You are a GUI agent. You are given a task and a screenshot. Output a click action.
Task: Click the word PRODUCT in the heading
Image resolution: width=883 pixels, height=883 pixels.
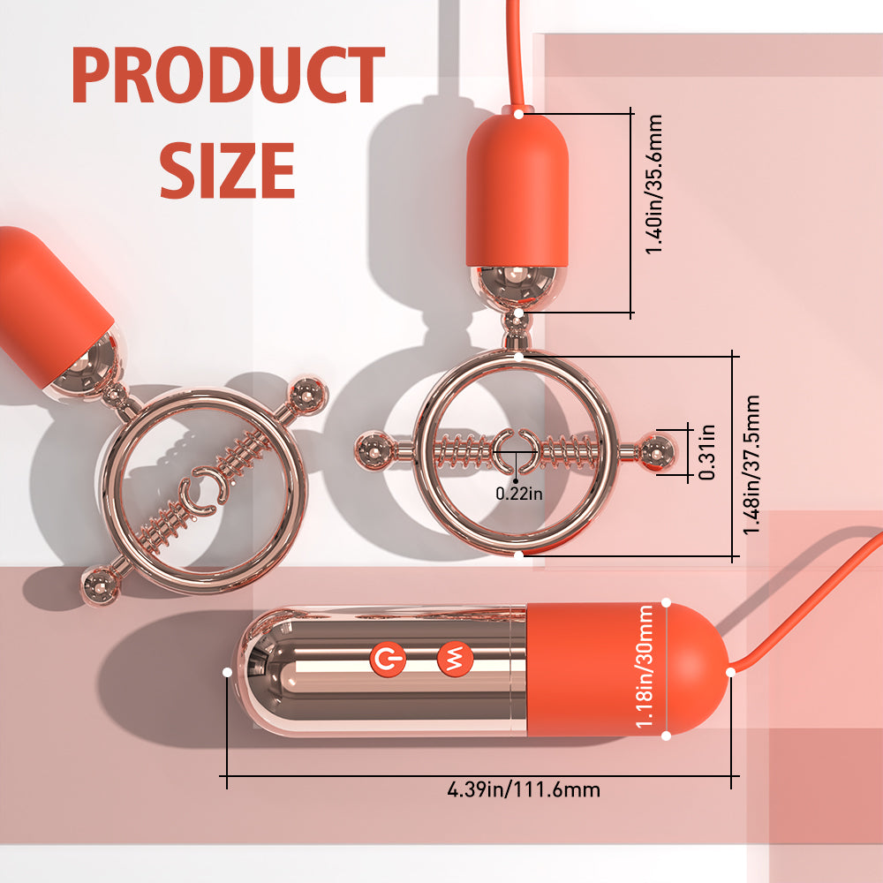(228, 75)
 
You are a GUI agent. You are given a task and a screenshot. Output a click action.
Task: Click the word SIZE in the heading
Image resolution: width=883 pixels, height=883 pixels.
(227, 170)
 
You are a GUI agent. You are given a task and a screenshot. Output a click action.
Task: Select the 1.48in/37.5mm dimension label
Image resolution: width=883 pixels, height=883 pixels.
(751, 464)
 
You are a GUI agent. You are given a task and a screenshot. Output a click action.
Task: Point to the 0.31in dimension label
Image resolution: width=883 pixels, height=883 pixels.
(706, 452)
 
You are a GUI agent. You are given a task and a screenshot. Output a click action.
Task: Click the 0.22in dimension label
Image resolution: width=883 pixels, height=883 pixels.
(519, 494)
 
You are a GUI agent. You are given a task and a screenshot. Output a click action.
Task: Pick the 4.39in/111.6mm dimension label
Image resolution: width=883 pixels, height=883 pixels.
(524, 789)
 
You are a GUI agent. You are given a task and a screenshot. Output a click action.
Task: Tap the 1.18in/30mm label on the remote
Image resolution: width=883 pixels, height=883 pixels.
(645, 666)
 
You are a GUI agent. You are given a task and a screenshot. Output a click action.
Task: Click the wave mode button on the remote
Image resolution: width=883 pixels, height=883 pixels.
(455, 658)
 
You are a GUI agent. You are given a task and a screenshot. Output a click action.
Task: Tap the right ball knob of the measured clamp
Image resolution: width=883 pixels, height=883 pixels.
(657, 451)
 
